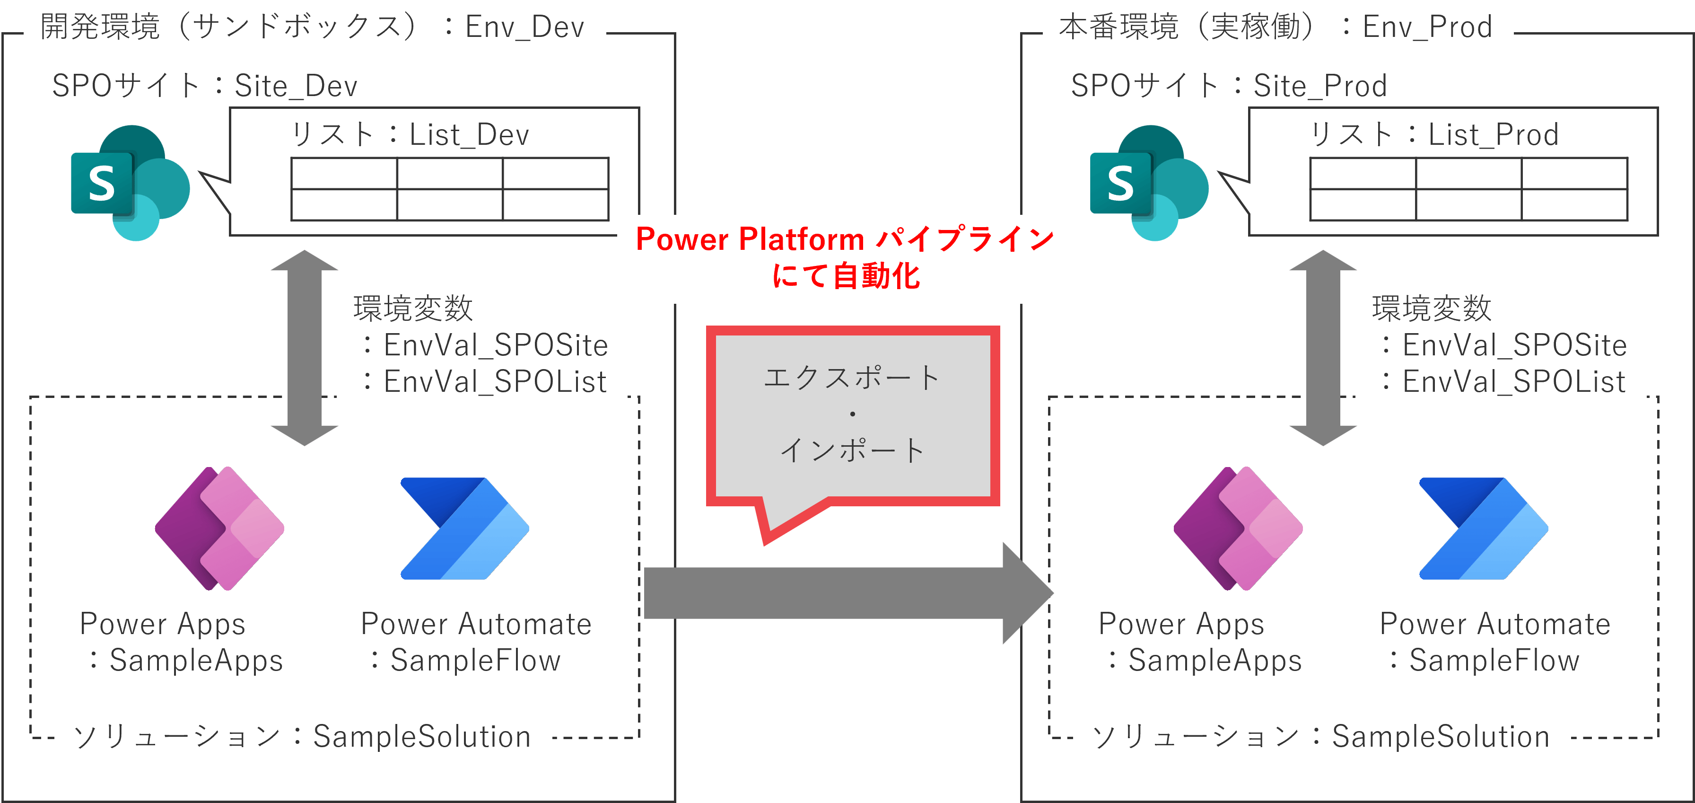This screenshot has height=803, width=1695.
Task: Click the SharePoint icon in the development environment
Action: point(130,183)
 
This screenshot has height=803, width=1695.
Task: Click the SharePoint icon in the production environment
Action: point(1149,183)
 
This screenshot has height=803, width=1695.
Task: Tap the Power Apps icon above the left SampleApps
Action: point(219,529)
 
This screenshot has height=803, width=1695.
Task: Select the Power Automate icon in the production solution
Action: point(1483,529)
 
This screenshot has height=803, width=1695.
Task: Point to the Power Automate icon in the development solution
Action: point(464,529)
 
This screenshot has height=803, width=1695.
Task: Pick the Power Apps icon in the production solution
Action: point(1238,529)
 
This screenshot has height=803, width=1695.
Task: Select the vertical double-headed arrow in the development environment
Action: point(305,347)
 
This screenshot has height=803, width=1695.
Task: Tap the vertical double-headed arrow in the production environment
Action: point(1323,347)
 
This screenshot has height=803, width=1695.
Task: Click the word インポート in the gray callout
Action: point(853,450)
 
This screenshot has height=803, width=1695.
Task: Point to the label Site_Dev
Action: point(296,86)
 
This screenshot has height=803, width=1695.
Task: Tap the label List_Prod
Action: point(1494,135)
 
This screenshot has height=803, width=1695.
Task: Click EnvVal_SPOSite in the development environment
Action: point(496,345)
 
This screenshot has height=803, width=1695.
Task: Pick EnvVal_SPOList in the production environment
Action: point(1514,382)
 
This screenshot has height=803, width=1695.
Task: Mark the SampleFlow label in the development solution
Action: point(475,660)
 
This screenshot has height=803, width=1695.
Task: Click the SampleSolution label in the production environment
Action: point(1441,737)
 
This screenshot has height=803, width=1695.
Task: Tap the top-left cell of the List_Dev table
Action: point(344,174)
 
